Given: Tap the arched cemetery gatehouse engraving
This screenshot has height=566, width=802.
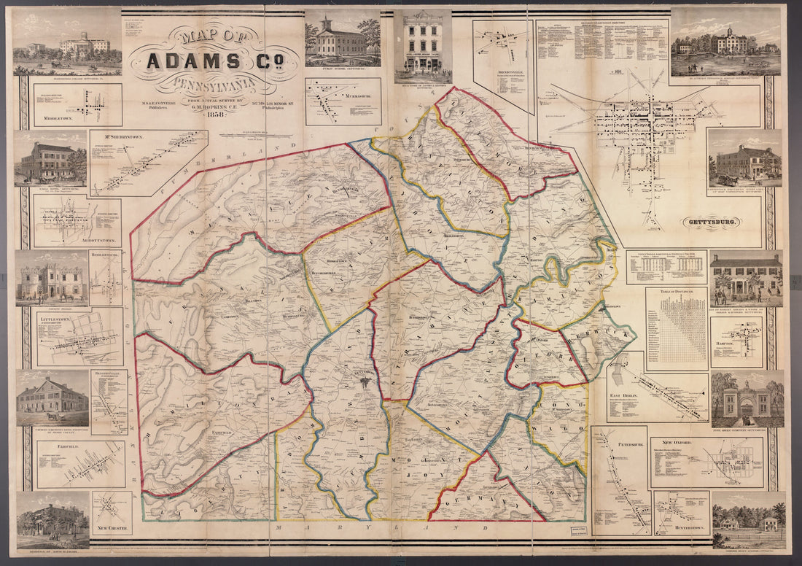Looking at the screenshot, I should pos(747,399).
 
